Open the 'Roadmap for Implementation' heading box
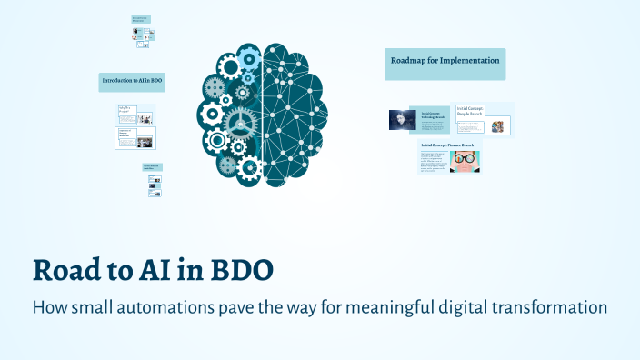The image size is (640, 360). tap(445, 62)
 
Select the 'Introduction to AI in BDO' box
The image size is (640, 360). tap(132, 82)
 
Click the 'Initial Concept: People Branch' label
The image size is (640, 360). tap(470, 111)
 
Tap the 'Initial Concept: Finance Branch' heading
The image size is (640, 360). tap(447, 145)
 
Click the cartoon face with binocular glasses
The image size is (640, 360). tap(465, 161)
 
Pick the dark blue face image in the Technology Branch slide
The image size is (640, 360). tap(402, 120)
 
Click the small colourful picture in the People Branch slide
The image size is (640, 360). tap(497, 126)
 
